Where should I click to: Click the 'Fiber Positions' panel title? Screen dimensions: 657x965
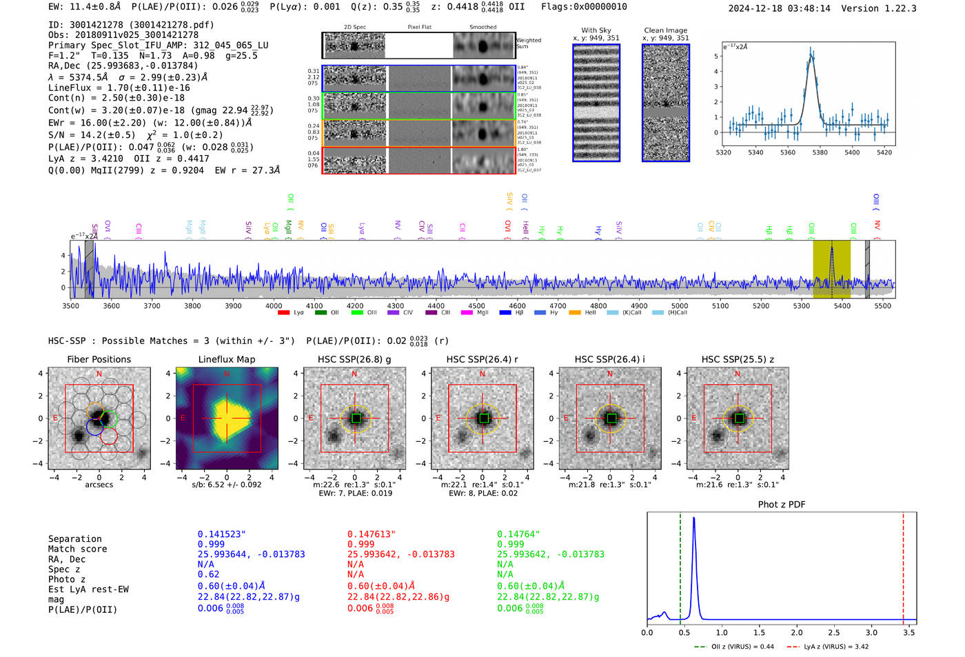click(x=99, y=359)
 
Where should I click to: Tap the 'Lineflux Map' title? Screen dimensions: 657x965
click(x=226, y=359)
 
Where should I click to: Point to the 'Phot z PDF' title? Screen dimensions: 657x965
click(x=781, y=504)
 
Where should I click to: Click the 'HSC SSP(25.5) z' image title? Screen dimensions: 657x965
click(x=738, y=359)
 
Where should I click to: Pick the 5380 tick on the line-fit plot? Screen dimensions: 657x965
click(x=820, y=152)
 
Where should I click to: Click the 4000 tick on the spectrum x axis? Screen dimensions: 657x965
click(x=274, y=305)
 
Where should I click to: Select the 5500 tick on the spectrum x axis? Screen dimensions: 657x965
click(x=882, y=305)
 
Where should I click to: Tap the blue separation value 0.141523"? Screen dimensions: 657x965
click(x=221, y=534)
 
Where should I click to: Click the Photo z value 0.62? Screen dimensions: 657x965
click(x=208, y=574)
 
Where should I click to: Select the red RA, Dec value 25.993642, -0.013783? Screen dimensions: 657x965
click(x=400, y=554)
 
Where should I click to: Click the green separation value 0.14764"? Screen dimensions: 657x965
click(x=518, y=534)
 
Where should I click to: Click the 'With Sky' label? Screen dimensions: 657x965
click(x=596, y=30)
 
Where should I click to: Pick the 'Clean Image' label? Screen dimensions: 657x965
click(x=665, y=30)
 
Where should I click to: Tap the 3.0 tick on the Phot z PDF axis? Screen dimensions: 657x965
click(x=871, y=632)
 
